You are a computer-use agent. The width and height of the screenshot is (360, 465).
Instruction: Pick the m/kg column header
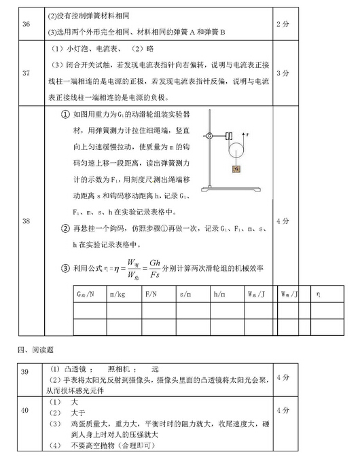tap(117, 294)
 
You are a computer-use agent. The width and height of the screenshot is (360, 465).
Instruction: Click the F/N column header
tap(151, 294)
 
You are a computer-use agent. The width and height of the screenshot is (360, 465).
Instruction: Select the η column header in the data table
tap(319, 294)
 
